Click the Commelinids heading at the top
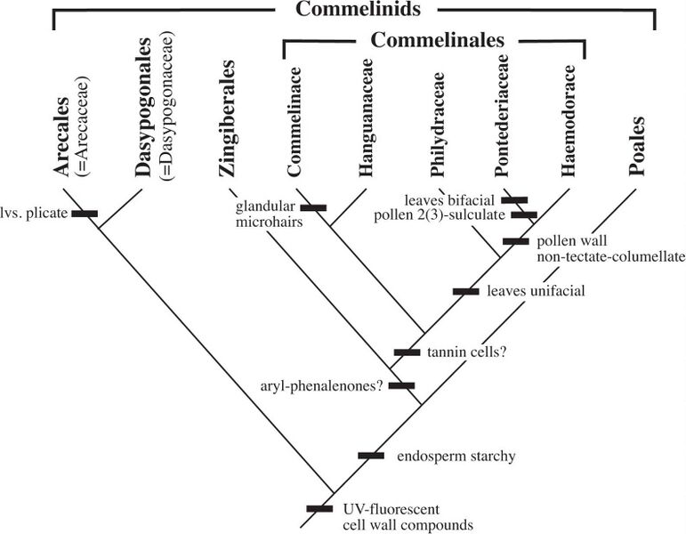coord(354,11)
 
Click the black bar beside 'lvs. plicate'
coord(85,213)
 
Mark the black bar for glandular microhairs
coord(313,207)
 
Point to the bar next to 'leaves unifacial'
coord(465,291)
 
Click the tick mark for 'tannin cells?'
coord(407,352)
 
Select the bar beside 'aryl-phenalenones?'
coord(401,385)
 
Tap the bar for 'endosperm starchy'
coord(371,456)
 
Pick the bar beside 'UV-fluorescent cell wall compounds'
coord(319,508)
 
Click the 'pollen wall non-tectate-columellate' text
coord(610,250)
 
